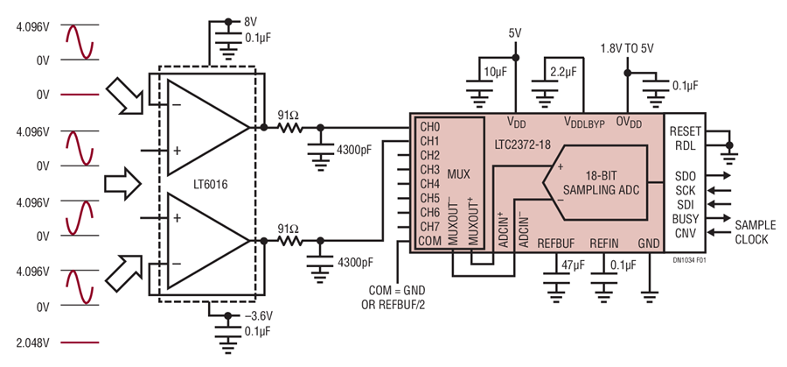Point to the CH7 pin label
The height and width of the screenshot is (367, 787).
[x=429, y=226]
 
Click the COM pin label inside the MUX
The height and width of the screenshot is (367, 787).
[x=430, y=240]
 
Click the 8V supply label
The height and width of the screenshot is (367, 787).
[x=250, y=23]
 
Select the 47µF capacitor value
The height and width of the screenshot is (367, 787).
[x=570, y=265]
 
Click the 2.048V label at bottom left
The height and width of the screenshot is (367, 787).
[x=33, y=342]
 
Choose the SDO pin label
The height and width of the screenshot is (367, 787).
[x=681, y=176]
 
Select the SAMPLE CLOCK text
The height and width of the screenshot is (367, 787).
[x=755, y=232]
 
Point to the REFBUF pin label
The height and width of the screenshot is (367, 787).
[x=555, y=243]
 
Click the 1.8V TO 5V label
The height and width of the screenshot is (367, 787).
[x=627, y=48]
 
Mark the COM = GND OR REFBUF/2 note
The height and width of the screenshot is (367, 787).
[x=396, y=298]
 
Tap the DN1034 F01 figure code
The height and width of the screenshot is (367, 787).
[x=687, y=261]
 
